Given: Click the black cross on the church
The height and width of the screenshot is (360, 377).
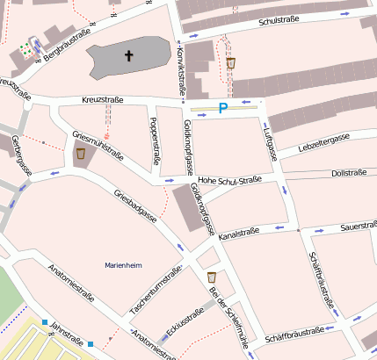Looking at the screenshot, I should click(129, 56).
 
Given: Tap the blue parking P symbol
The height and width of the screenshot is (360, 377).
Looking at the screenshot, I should click(223, 108).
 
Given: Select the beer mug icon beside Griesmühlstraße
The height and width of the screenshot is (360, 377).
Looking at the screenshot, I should click(80, 154).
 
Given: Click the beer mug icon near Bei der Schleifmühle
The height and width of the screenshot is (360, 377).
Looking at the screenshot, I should click(212, 277).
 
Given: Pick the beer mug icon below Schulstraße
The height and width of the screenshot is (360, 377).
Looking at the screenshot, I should click(231, 63).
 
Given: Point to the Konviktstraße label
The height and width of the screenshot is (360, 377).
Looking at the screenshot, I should click(182, 70).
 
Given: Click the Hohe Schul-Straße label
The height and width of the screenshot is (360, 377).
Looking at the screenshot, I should click(230, 180).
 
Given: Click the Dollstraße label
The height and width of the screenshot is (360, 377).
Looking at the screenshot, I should click(348, 174).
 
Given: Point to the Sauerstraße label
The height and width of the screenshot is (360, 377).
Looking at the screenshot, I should click(359, 227).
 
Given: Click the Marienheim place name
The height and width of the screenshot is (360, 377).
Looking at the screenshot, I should click(122, 264).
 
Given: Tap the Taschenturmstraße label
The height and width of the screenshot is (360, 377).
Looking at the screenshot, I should click(154, 291).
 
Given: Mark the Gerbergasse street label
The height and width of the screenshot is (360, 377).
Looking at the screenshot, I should click(21, 155).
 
